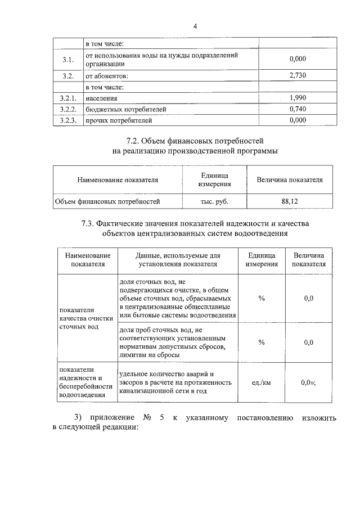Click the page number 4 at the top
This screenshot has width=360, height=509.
tap(195, 26)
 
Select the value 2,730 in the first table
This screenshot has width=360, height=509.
tap(296, 75)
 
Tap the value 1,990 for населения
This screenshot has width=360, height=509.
tap(296, 98)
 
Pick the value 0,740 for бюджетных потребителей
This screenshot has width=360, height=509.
tap(296, 109)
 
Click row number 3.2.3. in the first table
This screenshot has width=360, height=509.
tap(68, 120)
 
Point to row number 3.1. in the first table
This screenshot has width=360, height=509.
tap(68, 60)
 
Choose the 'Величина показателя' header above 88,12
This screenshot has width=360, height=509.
tap(290, 180)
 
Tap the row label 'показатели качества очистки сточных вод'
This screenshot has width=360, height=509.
tap(82, 318)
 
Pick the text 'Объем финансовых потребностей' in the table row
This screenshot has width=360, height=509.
tap(107, 200)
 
